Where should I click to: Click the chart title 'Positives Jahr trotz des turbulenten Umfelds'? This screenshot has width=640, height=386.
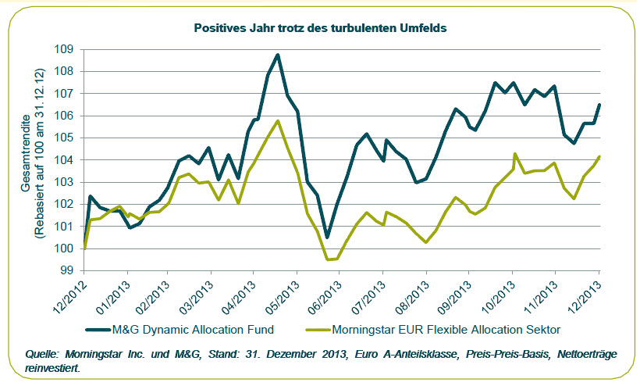coord(320,28)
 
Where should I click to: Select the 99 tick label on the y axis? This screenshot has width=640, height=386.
coord(66,270)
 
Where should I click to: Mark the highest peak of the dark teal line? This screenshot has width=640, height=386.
coord(278,55)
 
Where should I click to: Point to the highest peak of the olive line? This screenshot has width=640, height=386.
coord(278,121)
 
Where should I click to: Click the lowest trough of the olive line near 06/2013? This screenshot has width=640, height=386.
coord(329,259)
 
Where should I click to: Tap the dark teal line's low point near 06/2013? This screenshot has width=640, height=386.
coord(328,237)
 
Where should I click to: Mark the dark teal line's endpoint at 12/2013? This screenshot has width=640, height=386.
coord(599,105)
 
